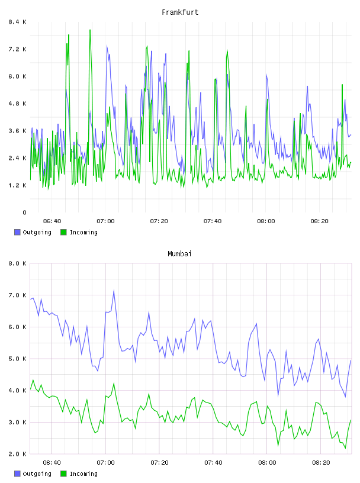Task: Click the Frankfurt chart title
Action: [180, 12]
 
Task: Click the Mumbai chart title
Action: [179, 254]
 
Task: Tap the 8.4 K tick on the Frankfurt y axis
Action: [17, 22]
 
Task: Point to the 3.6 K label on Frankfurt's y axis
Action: [17, 131]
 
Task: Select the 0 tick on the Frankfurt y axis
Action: [24, 212]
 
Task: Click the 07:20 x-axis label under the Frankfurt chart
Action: [159, 221]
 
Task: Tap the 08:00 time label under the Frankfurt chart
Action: [266, 221]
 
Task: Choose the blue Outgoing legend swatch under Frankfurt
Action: [17, 232]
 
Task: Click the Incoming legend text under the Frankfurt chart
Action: [83, 232]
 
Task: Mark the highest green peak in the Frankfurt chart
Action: [90, 30]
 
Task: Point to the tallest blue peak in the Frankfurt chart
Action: [107, 46]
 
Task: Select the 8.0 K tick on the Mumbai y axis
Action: [17, 263]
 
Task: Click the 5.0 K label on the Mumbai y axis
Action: [17, 359]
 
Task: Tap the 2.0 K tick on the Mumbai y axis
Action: [17, 454]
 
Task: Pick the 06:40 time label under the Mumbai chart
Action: [52, 463]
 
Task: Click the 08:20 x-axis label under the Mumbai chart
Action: [321, 463]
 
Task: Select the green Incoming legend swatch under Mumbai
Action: [63, 474]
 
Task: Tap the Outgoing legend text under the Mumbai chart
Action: [37, 474]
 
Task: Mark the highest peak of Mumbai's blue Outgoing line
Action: [114, 290]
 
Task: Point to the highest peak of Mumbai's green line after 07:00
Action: [114, 383]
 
